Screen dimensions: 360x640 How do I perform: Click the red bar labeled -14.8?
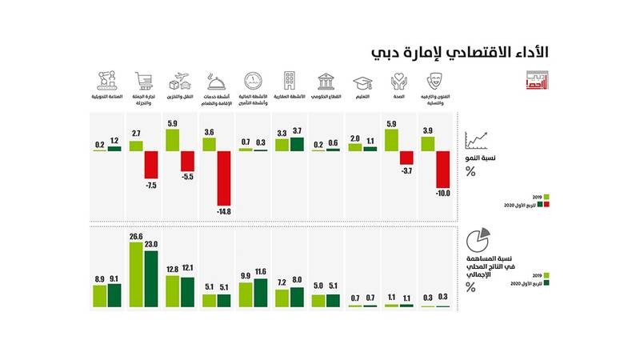(x=223, y=178)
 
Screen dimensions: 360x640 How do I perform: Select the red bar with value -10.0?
(x=443, y=170)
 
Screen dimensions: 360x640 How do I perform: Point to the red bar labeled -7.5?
(x=150, y=165)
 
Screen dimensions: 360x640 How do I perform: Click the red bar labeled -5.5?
(x=186, y=160)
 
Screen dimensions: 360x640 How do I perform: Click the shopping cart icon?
(x=143, y=81)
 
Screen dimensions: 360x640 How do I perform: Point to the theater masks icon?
(x=435, y=82)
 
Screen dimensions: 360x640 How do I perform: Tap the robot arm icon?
(x=106, y=82)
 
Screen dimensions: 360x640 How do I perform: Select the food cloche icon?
(x=216, y=82)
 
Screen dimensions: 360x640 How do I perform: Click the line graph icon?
(x=479, y=142)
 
